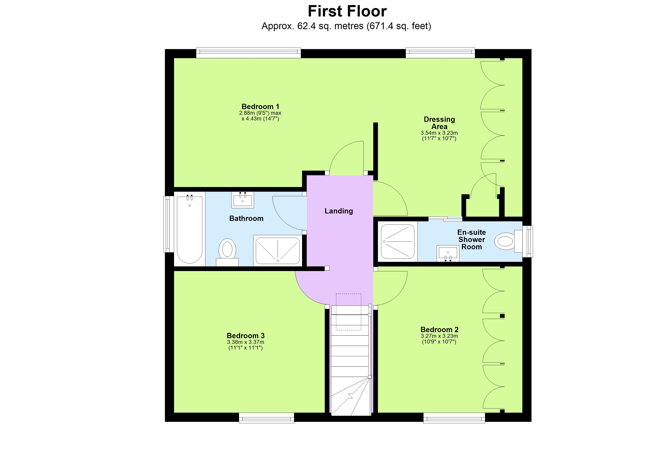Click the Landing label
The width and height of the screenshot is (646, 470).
(339, 211)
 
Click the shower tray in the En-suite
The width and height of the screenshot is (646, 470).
(398, 242)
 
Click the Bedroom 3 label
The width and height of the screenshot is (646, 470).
(245, 335)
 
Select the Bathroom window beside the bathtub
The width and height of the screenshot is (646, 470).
(168, 224)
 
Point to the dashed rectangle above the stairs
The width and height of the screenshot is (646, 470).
(348, 312)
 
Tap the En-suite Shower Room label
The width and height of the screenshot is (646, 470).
(471, 240)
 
